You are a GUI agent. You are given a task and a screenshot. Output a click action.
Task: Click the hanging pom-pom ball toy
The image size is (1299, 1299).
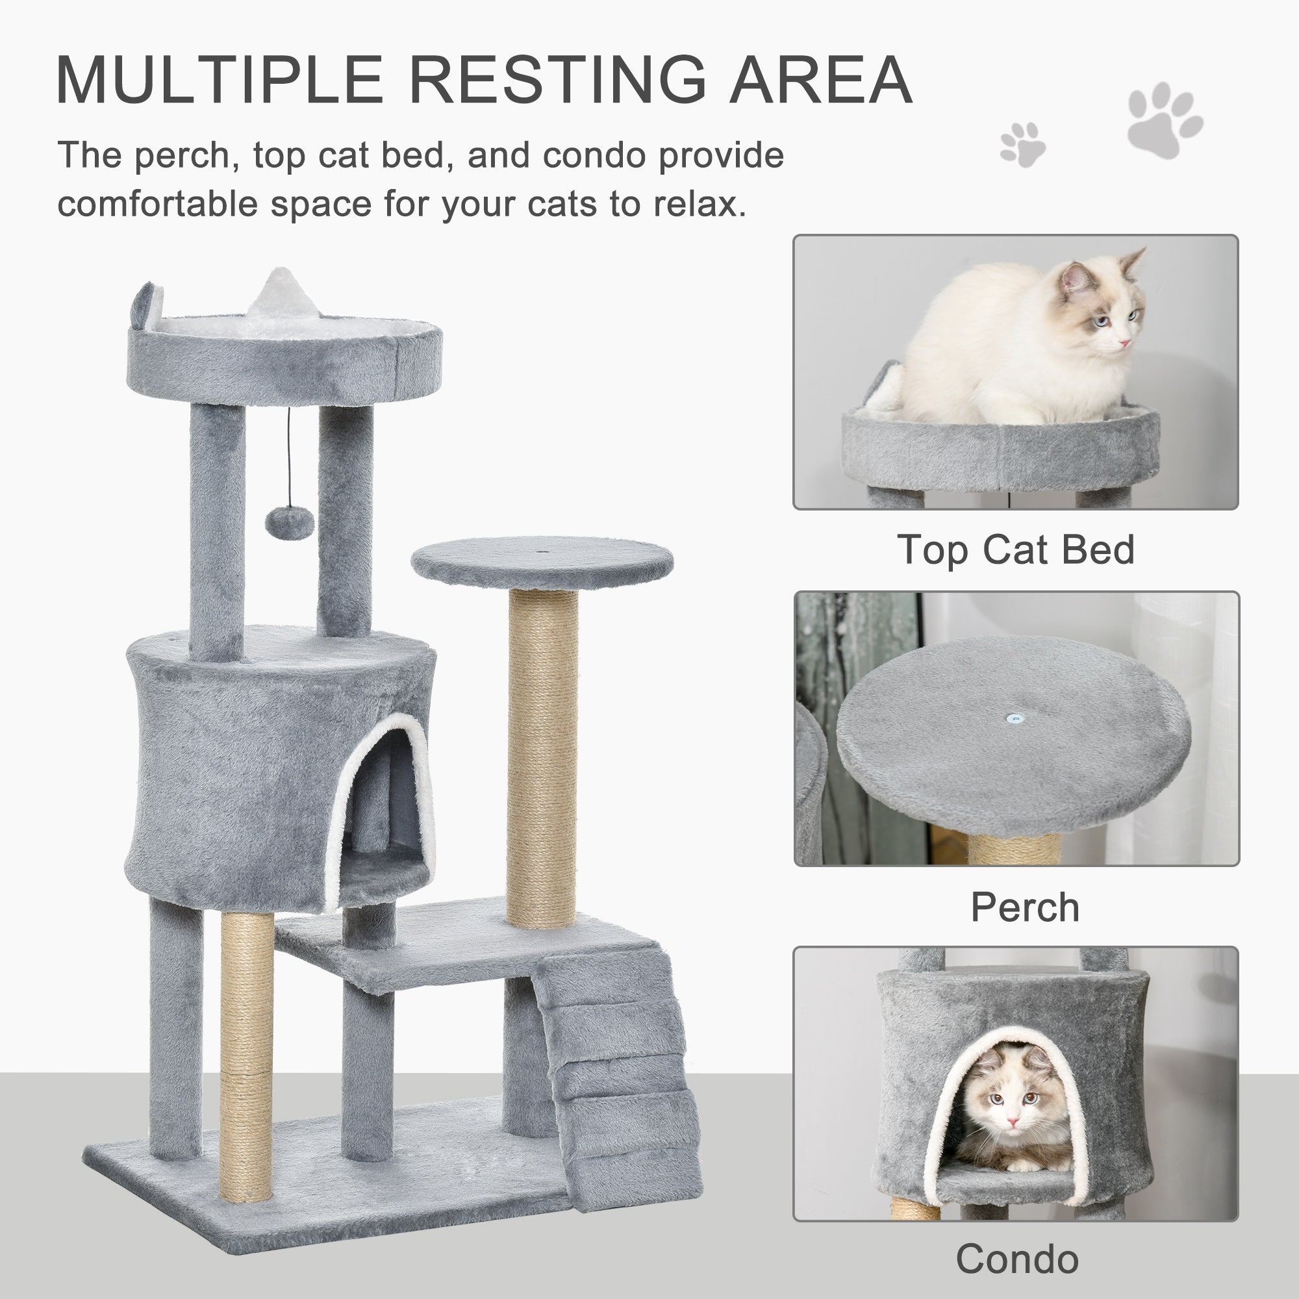pyautogui.click(x=289, y=521)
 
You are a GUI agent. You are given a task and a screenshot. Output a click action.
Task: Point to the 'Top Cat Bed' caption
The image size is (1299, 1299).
pyautogui.click(x=1015, y=550)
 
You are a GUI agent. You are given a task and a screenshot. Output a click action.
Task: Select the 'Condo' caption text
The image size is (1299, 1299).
pyautogui.click(x=1016, y=1259)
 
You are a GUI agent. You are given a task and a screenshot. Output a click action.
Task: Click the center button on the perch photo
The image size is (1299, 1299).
pyautogui.click(x=1015, y=717)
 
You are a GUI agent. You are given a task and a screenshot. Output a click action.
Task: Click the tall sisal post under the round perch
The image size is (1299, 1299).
pyautogui.click(x=542, y=757)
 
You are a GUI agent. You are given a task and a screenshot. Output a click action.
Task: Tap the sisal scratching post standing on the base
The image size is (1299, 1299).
pyautogui.click(x=247, y=1055)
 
